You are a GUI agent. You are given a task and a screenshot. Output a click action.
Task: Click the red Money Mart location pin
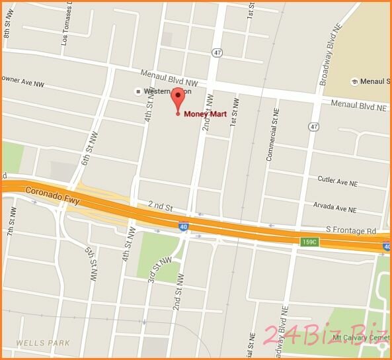pyautogui.click(x=177, y=98)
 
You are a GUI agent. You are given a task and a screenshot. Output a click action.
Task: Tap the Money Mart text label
pyautogui.click(x=206, y=114)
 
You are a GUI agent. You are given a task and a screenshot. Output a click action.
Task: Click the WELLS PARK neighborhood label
pyautogui.click(x=39, y=343)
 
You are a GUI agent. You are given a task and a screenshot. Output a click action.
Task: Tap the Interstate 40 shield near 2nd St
pyautogui.click(x=182, y=226)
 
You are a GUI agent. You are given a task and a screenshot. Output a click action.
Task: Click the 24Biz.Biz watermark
pyautogui.click(x=324, y=337)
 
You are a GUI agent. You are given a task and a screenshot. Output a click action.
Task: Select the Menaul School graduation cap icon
pyautogui.click(x=354, y=81)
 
